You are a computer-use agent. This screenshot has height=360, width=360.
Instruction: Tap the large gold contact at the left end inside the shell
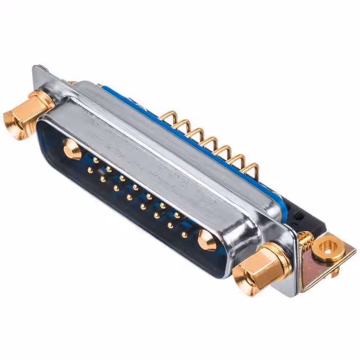pos(73,148)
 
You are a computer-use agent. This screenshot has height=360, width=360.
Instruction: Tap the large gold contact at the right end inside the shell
pos(207,241)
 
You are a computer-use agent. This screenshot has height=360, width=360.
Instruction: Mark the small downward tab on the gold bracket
pos(335,273)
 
